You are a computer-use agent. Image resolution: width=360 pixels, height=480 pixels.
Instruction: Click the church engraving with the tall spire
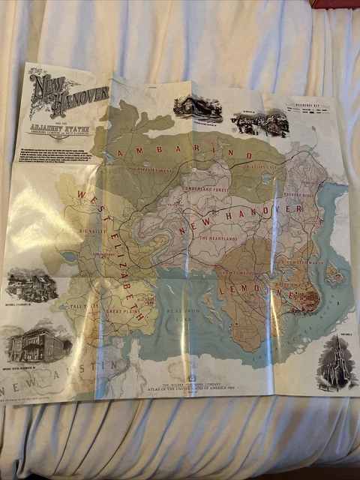tap(334, 364)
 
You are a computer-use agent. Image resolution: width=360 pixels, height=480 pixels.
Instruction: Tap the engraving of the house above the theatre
tap(31, 285)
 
